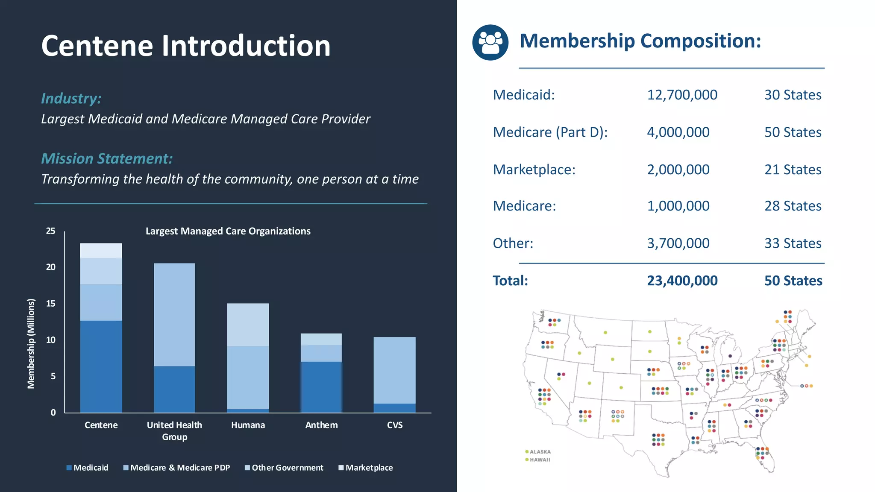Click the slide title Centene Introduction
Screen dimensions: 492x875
186,46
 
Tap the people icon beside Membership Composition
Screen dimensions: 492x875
490,42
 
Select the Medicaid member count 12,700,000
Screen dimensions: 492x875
682,95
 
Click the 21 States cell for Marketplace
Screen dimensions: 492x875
793,170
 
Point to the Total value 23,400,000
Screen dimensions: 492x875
682,281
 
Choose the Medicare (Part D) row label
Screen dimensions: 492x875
550,132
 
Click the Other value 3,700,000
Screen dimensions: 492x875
678,243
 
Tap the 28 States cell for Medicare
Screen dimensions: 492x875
793,206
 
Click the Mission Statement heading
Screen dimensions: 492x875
107,158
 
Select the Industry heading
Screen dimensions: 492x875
71,98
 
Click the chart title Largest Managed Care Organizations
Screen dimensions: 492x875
228,231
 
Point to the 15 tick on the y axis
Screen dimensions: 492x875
50,304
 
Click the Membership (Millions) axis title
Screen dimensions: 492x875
31,343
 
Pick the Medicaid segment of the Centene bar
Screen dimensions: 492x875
101,366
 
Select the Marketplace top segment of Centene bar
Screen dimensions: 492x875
101,251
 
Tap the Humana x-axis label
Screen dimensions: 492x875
248,425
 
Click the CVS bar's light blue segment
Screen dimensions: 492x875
394,370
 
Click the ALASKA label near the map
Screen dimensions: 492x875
540,452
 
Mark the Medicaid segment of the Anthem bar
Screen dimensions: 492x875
321,387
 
